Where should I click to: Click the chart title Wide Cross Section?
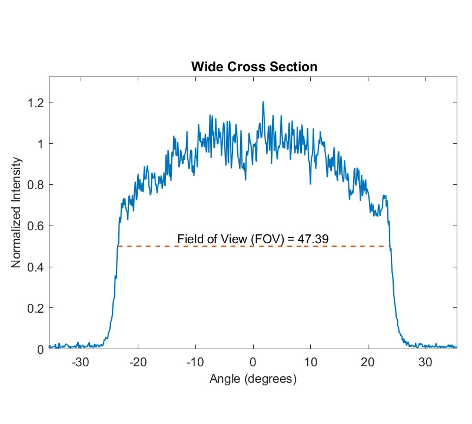tap(254, 67)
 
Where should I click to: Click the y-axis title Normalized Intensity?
tap(17, 213)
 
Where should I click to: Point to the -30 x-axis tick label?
tap(80, 362)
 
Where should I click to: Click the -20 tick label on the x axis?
tap(138, 362)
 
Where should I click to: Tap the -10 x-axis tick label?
tap(195, 362)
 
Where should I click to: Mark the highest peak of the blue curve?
tap(263, 102)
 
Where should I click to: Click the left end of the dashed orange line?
tap(118, 246)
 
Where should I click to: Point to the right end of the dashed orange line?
tap(390, 246)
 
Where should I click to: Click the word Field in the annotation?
tap(189, 238)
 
